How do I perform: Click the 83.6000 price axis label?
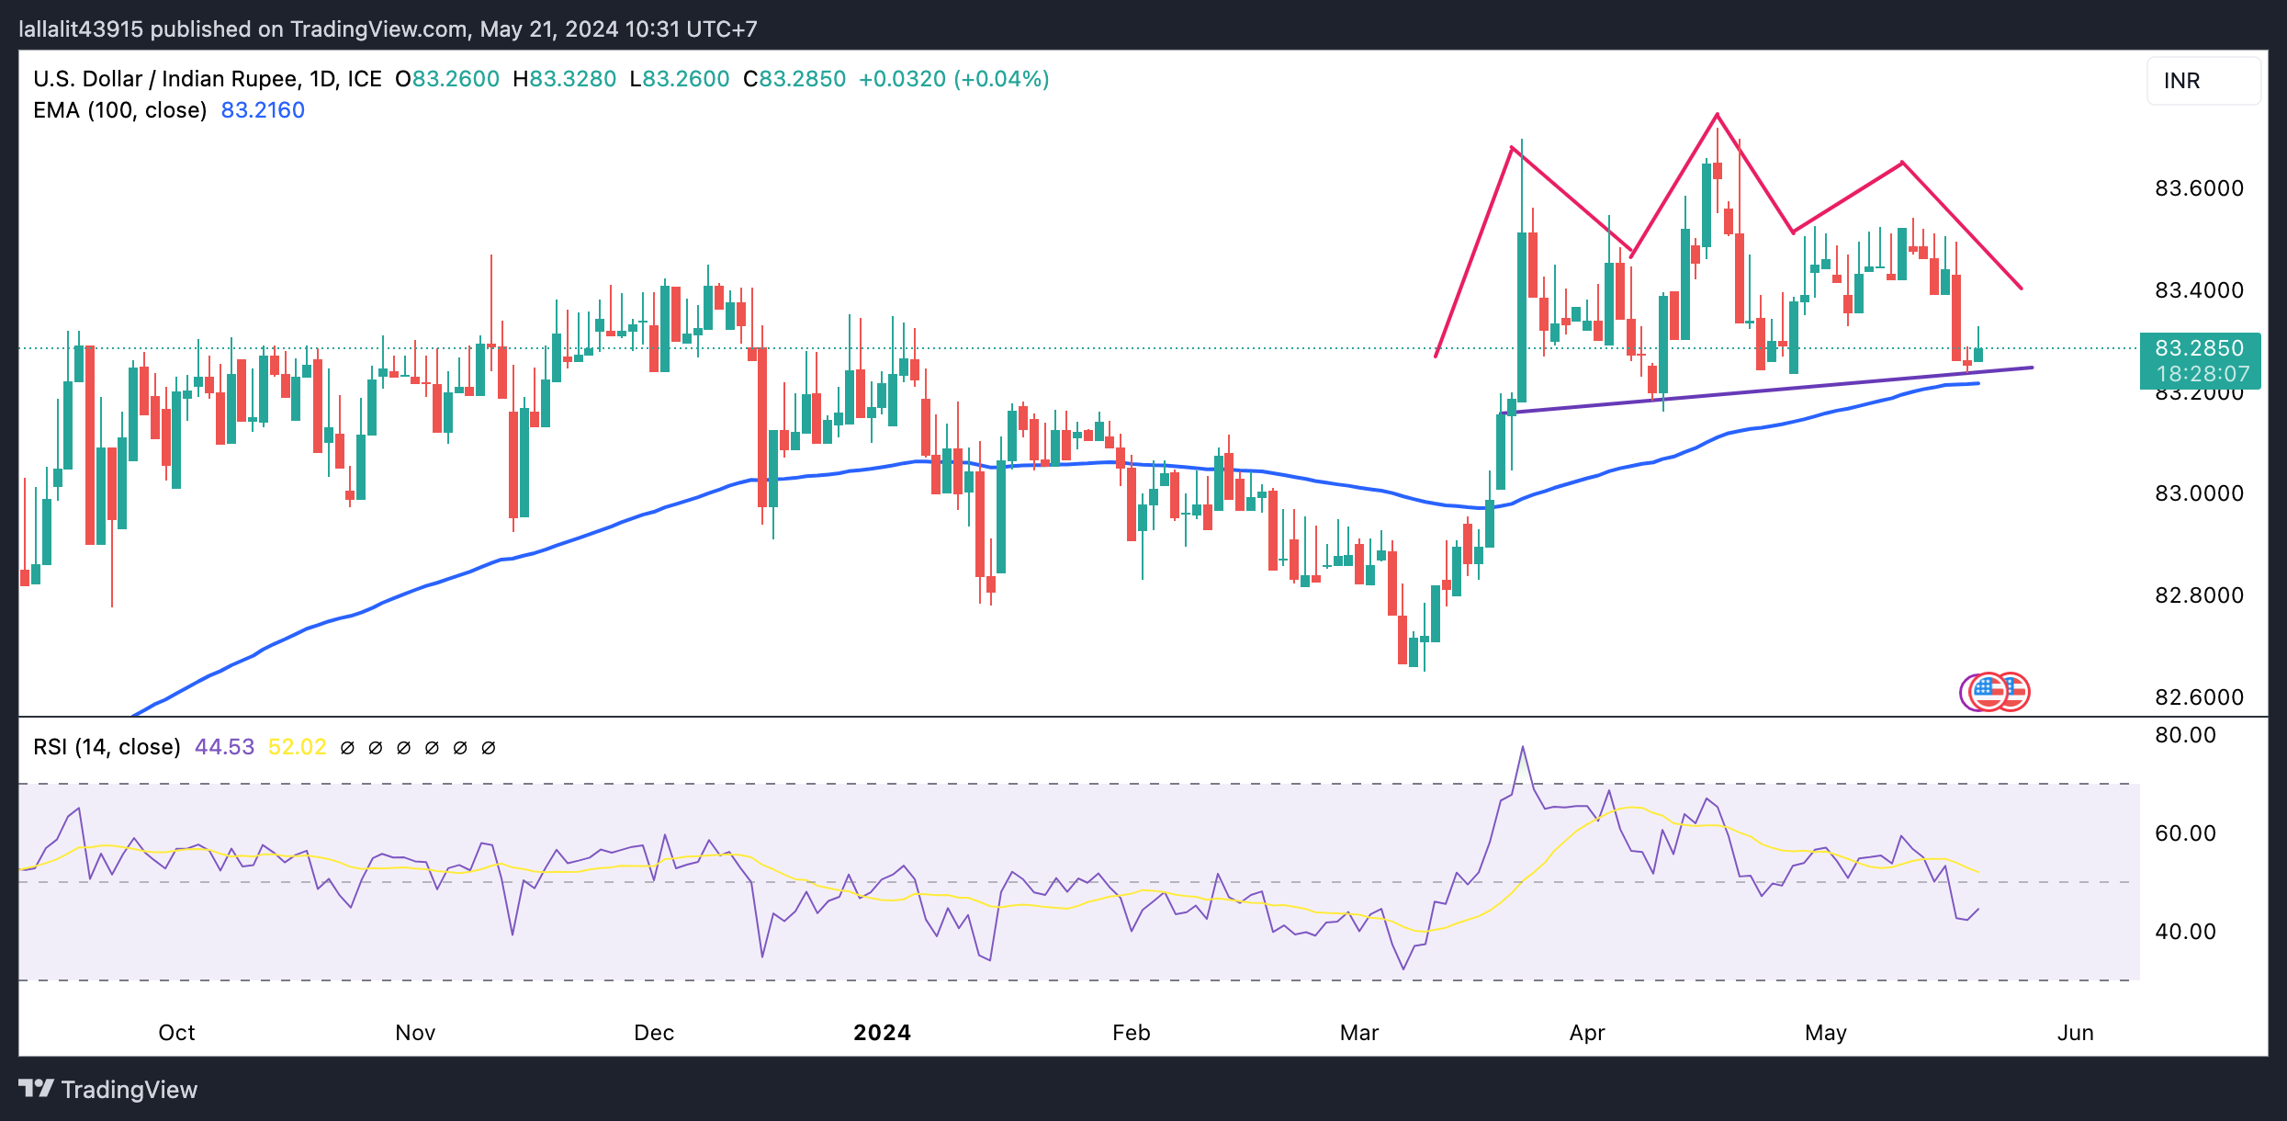(x=2199, y=188)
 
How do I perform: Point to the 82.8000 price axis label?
(x=2199, y=595)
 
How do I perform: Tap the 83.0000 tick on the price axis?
(x=2199, y=493)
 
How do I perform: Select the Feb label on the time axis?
(x=1131, y=1033)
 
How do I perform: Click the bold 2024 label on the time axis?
(x=882, y=1033)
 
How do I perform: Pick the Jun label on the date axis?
(x=2075, y=1033)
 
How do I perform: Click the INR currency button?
(x=2203, y=81)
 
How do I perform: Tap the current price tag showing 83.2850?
(x=2199, y=349)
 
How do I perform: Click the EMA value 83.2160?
(x=263, y=110)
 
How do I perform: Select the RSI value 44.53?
(x=224, y=747)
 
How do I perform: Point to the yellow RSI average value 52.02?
(x=297, y=747)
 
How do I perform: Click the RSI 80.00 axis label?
(x=2185, y=735)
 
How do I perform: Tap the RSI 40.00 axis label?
(x=2185, y=932)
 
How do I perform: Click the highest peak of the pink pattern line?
(x=1717, y=115)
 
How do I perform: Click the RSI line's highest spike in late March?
(x=1523, y=748)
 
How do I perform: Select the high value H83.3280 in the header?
(x=564, y=79)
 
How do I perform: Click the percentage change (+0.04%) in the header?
(x=1001, y=79)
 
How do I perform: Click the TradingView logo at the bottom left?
(x=108, y=1090)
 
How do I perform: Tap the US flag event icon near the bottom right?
(x=1988, y=691)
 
